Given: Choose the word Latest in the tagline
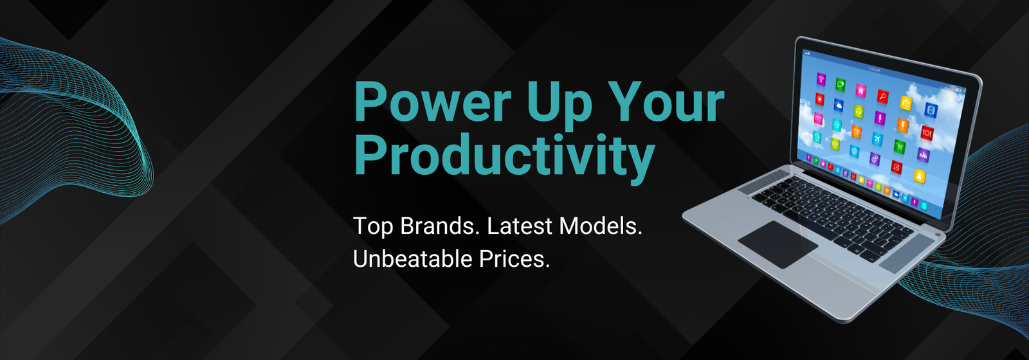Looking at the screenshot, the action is (519, 226).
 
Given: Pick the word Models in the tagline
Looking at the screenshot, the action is (600, 226).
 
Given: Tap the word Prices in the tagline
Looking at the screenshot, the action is (514, 259).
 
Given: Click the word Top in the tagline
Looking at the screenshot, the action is (372, 227).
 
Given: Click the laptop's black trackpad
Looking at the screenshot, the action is (778, 244).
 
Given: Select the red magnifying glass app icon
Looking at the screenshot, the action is (882, 96).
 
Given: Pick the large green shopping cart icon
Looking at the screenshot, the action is (900, 147).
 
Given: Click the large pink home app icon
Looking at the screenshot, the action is (861, 91).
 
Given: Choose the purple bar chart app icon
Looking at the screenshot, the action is (924, 155).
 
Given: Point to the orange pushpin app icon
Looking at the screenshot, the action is (903, 125).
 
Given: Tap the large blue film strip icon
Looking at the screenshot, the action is (931, 110).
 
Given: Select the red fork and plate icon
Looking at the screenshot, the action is (927, 132).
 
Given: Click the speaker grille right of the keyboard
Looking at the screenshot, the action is (906, 254).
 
